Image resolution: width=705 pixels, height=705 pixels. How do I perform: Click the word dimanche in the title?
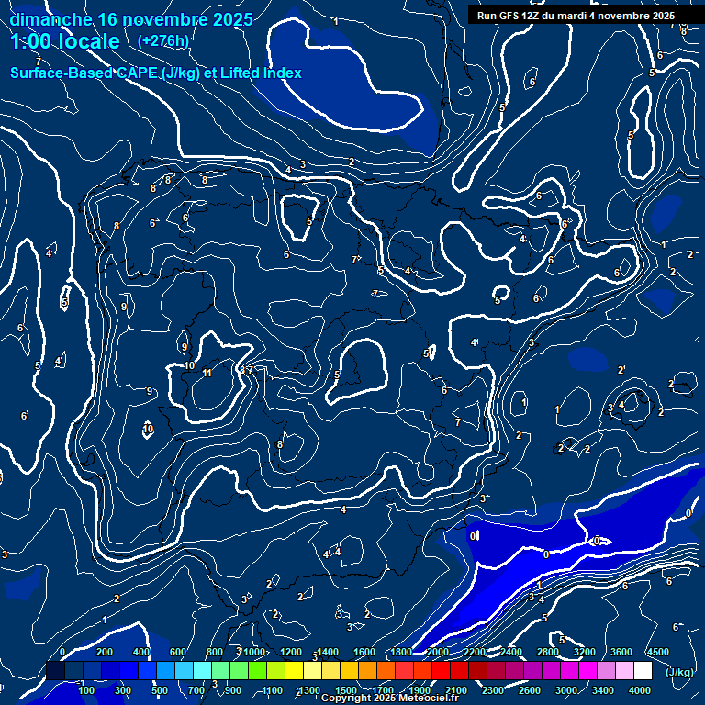[x=50, y=19]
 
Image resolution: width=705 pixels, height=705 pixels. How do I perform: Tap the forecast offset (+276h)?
[x=162, y=40]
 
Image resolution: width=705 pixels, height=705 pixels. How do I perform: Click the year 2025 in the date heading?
[x=224, y=19]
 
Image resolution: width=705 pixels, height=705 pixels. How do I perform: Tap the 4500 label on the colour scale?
[x=657, y=652]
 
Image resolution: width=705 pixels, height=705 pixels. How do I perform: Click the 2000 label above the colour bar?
[x=438, y=652]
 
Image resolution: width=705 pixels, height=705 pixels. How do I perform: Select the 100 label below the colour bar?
[x=86, y=690]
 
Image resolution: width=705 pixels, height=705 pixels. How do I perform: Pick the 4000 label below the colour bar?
[x=640, y=690]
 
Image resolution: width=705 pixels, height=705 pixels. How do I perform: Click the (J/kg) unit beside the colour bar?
[x=679, y=672]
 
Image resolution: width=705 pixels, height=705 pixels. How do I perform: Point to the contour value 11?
[x=207, y=373]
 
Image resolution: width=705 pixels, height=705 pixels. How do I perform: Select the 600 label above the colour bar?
[x=177, y=652]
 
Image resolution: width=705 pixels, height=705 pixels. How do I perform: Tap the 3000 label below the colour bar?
[x=566, y=690]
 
